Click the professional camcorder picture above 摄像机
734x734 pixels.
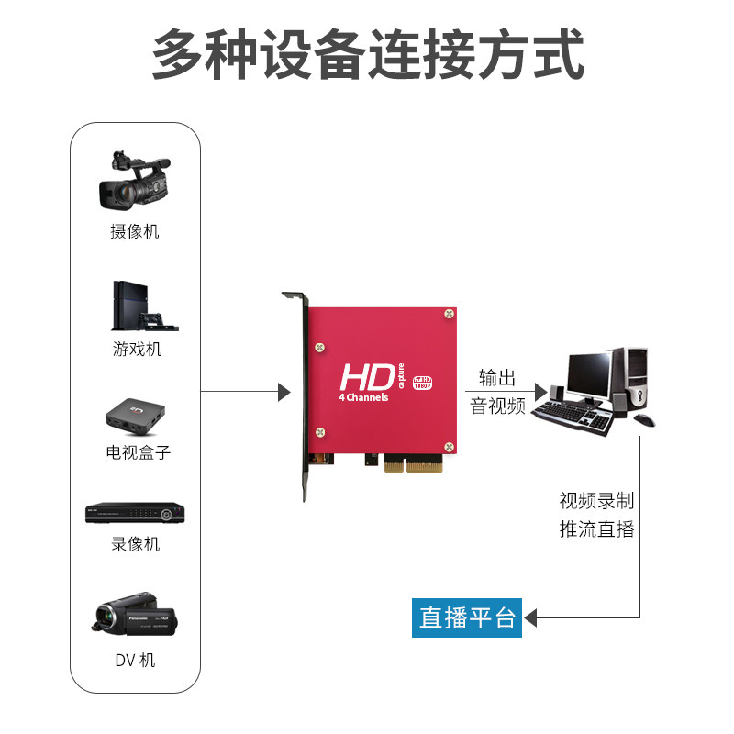135,181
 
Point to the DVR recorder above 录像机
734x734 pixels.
135,514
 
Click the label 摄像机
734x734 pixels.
135,231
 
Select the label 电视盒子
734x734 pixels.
138,452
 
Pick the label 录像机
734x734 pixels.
136,544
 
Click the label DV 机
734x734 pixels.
135,660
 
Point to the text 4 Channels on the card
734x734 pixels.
364,397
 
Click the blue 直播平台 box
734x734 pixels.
468,617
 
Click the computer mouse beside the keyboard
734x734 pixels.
645,420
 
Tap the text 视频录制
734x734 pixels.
596,501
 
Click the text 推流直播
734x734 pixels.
596,529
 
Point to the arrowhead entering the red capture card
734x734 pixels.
284,393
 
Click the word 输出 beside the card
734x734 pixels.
497,377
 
